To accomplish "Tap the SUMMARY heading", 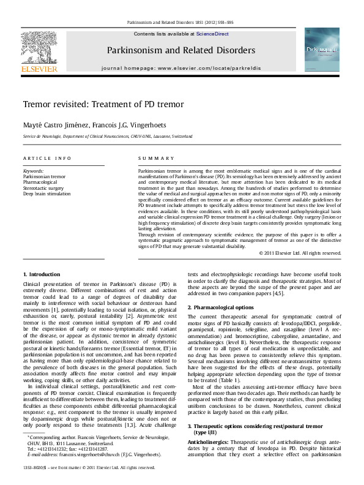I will coord(150,158).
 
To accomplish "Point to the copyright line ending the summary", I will coord(300,252).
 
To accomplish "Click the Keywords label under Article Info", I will coord(33,170).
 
